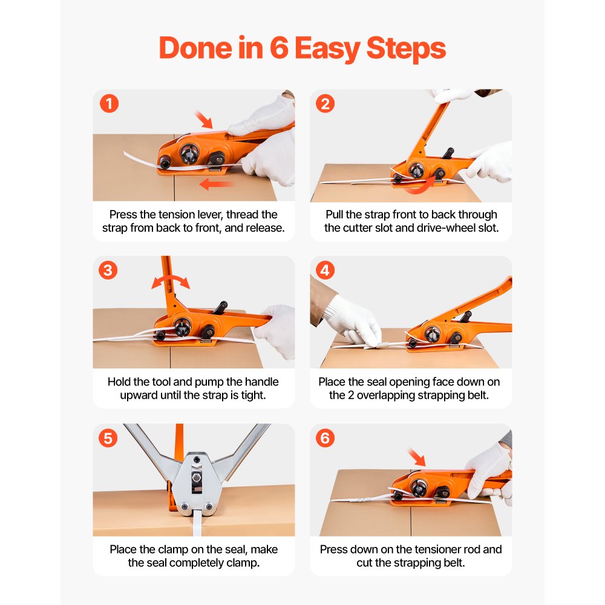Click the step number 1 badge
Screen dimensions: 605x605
pos(109,103)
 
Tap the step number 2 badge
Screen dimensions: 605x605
pos(325,103)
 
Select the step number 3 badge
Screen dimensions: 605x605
pos(109,270)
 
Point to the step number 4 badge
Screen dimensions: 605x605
pos(325,270)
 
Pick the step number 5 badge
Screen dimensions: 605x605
pos(109,438)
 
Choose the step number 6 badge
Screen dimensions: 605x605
pos(325,438)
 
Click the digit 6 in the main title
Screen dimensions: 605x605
pos(279,48)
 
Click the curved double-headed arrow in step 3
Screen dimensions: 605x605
pos(171,281)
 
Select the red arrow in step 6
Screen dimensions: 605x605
pos(417,457)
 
